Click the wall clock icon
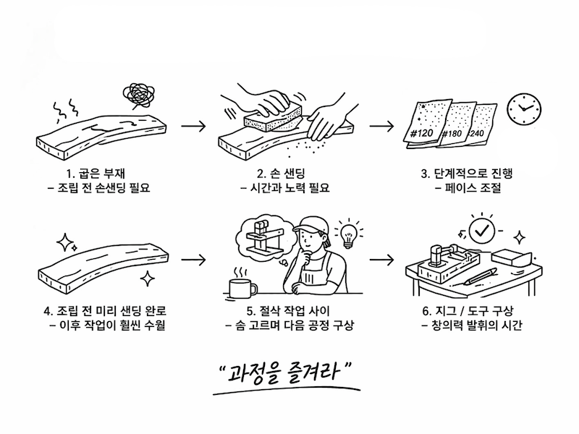tap(524, 109)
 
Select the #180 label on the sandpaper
tap(452, 133)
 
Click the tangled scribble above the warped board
tap(138, 95)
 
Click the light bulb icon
tap(347, 235)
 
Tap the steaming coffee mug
tap(242, 284)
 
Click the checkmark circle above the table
tap(481, 231)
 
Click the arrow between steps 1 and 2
tap(193, 126)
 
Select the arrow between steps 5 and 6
tap(381, 260)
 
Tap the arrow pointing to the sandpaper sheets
tap(381, 126)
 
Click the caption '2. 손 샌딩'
tap(282, 174)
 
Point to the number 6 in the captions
tap(426, 311)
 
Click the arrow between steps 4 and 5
tap(193, 260)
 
